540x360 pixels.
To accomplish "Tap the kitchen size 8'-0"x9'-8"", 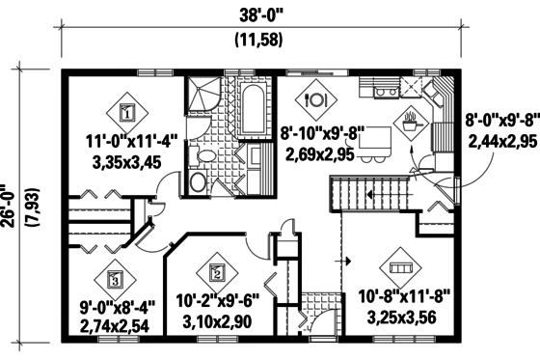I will point(502,124).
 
